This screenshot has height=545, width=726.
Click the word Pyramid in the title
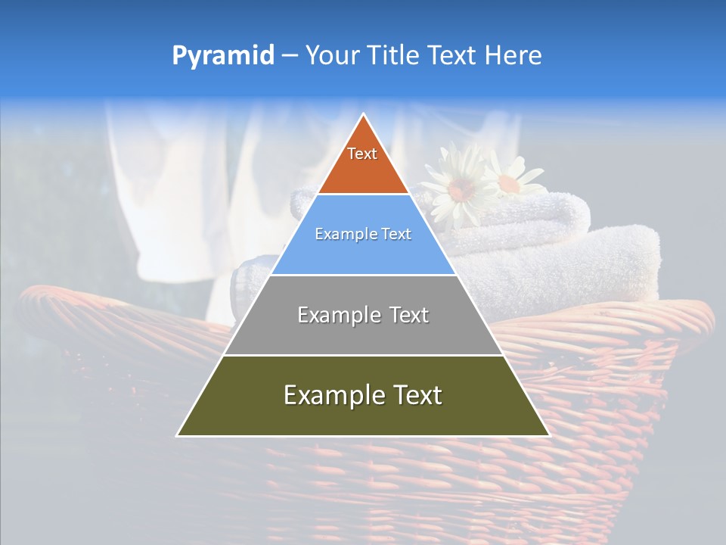coord(223,56)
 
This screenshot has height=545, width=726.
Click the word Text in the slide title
coord(455,56)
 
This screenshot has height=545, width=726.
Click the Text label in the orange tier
coord(362,154)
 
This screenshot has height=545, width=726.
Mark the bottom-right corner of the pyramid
coord(548,435)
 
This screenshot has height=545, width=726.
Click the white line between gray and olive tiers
coord(363,355)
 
